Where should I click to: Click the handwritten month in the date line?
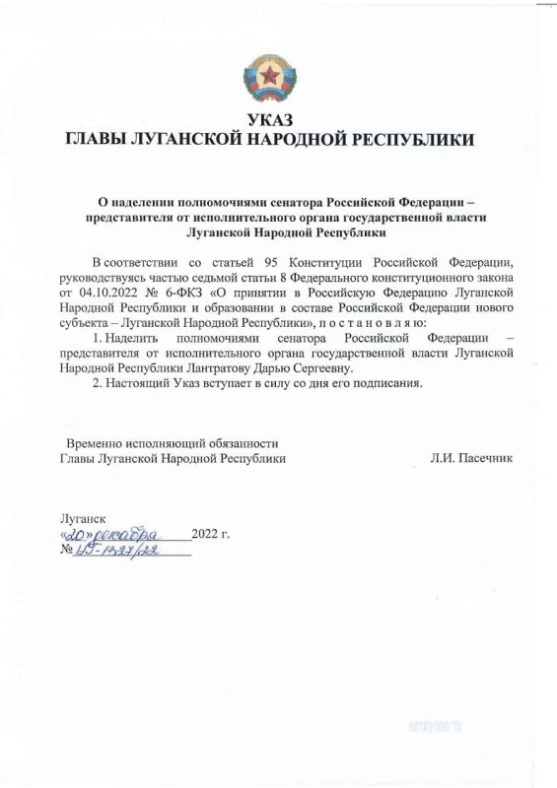click(135, 534)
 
